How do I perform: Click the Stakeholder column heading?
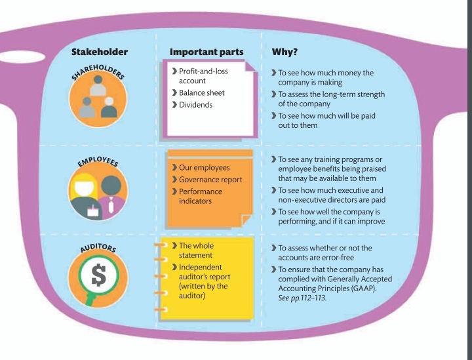point(100,52)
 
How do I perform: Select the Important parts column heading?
point(206,52)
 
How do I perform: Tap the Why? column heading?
point(286,52)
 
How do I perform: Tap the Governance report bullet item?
point(210,179)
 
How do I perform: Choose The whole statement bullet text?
point(201,251)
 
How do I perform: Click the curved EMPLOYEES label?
point(98,161)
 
